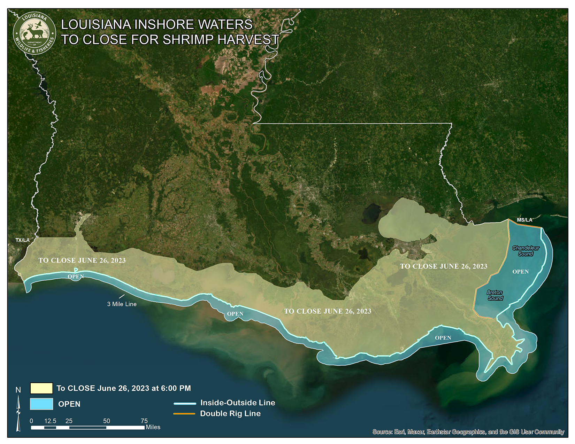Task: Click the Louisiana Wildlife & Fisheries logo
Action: point(34,33)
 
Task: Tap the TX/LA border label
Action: point(22,240)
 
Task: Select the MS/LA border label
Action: point(524,220)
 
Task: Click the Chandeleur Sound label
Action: point(526,251)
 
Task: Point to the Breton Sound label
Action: point(495,295)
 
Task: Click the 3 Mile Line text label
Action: point(122,304)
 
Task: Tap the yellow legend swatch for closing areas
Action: point(41,388)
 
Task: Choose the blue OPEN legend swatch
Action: point(41,404)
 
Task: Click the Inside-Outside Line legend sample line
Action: point(185,403)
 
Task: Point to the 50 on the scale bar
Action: point(106,421)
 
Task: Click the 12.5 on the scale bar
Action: point(50,421)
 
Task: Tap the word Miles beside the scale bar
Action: point(153,427)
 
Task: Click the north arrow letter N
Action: point(18,390)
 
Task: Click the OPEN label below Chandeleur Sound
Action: point(520,272)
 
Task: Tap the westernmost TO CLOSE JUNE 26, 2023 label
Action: point(82,260)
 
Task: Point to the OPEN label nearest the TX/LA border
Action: point(76,277)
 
